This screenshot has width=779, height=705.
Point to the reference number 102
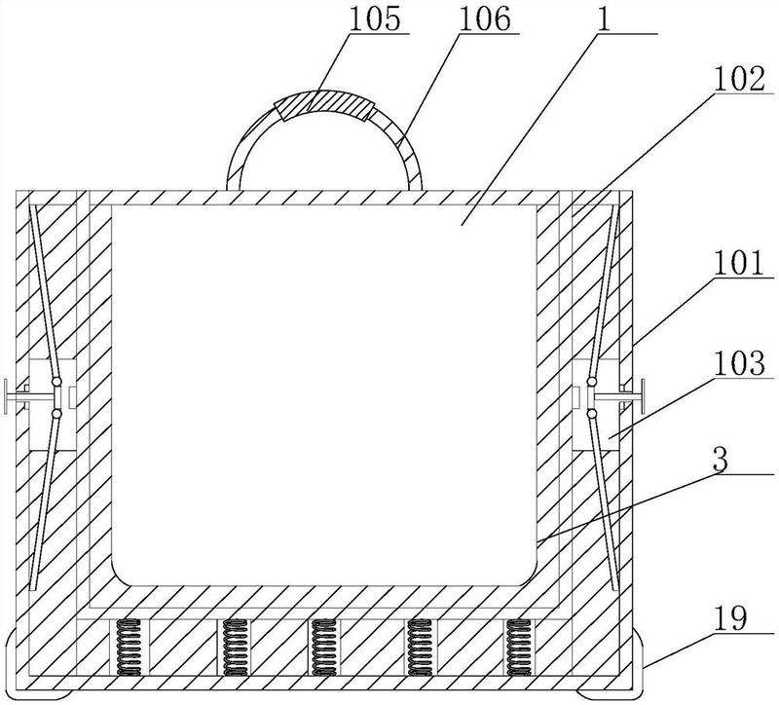[735, 81]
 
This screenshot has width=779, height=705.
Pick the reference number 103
[736, 365]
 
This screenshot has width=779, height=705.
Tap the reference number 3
[721, 461]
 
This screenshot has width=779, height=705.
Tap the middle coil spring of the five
[324, 648]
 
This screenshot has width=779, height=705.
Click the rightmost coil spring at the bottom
[519, 648]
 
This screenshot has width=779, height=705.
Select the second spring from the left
[235, 648]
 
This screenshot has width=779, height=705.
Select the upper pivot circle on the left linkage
[56, 382]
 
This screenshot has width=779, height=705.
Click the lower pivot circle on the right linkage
[592, 414]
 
